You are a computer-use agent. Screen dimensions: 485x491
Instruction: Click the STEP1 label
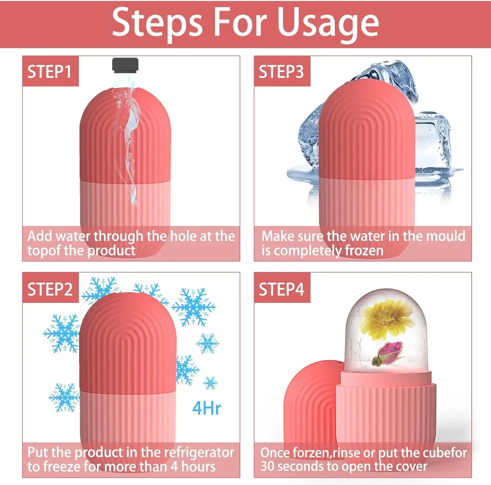(x=50, y=72)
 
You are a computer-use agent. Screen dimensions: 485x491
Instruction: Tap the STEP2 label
(x=50, y=289)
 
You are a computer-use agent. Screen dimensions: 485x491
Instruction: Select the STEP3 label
(x=281, y=72)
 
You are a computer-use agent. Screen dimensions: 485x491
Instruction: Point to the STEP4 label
(x=281, y=289)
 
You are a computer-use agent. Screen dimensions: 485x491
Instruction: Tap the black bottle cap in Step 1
(x=125, y=64)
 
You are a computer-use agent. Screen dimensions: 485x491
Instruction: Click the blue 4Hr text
(x=206, y=408)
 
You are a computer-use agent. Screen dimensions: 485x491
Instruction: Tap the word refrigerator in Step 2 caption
(x=199, y=452)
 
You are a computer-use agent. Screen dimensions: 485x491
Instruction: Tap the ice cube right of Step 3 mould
(x=432, y=144)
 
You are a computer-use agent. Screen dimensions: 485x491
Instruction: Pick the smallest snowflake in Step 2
(x=210, y=383)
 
